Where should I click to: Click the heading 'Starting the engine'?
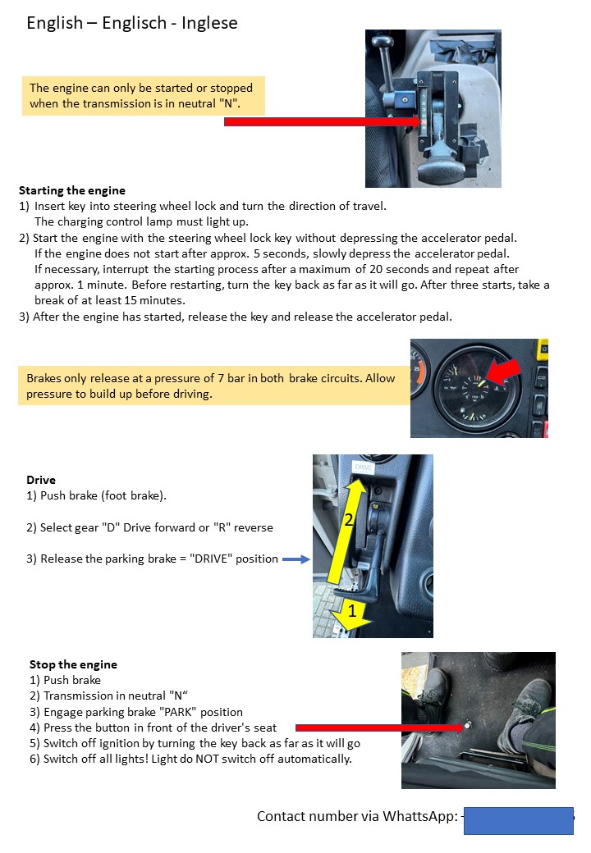pos(71,190)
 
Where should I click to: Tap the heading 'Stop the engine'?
pos(73,664)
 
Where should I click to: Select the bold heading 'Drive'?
pos(41,480)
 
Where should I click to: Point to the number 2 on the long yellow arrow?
pos(347,520)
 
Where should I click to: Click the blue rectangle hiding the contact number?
pos(518,820)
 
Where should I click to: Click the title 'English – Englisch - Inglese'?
pos(132,23)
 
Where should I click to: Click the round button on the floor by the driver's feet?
pos(468,725)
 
